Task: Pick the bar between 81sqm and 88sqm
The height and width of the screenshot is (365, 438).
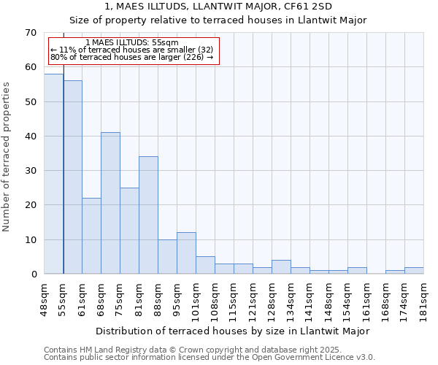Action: coord(148,215)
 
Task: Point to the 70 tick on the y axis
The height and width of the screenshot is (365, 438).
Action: coord(30,33)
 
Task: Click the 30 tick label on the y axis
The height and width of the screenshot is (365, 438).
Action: coord(30,171)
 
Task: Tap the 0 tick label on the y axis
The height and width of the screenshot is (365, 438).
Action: coord(33,274)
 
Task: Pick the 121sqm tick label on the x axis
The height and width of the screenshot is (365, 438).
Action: coord(253,299)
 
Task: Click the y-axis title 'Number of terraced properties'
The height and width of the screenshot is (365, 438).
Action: coord(7,157)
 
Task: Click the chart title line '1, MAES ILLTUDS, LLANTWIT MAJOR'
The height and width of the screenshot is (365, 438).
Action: coord(218,6)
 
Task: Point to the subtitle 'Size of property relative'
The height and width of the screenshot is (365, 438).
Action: coord(218,20)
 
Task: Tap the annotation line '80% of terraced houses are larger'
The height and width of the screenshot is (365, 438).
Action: coord(132,57)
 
